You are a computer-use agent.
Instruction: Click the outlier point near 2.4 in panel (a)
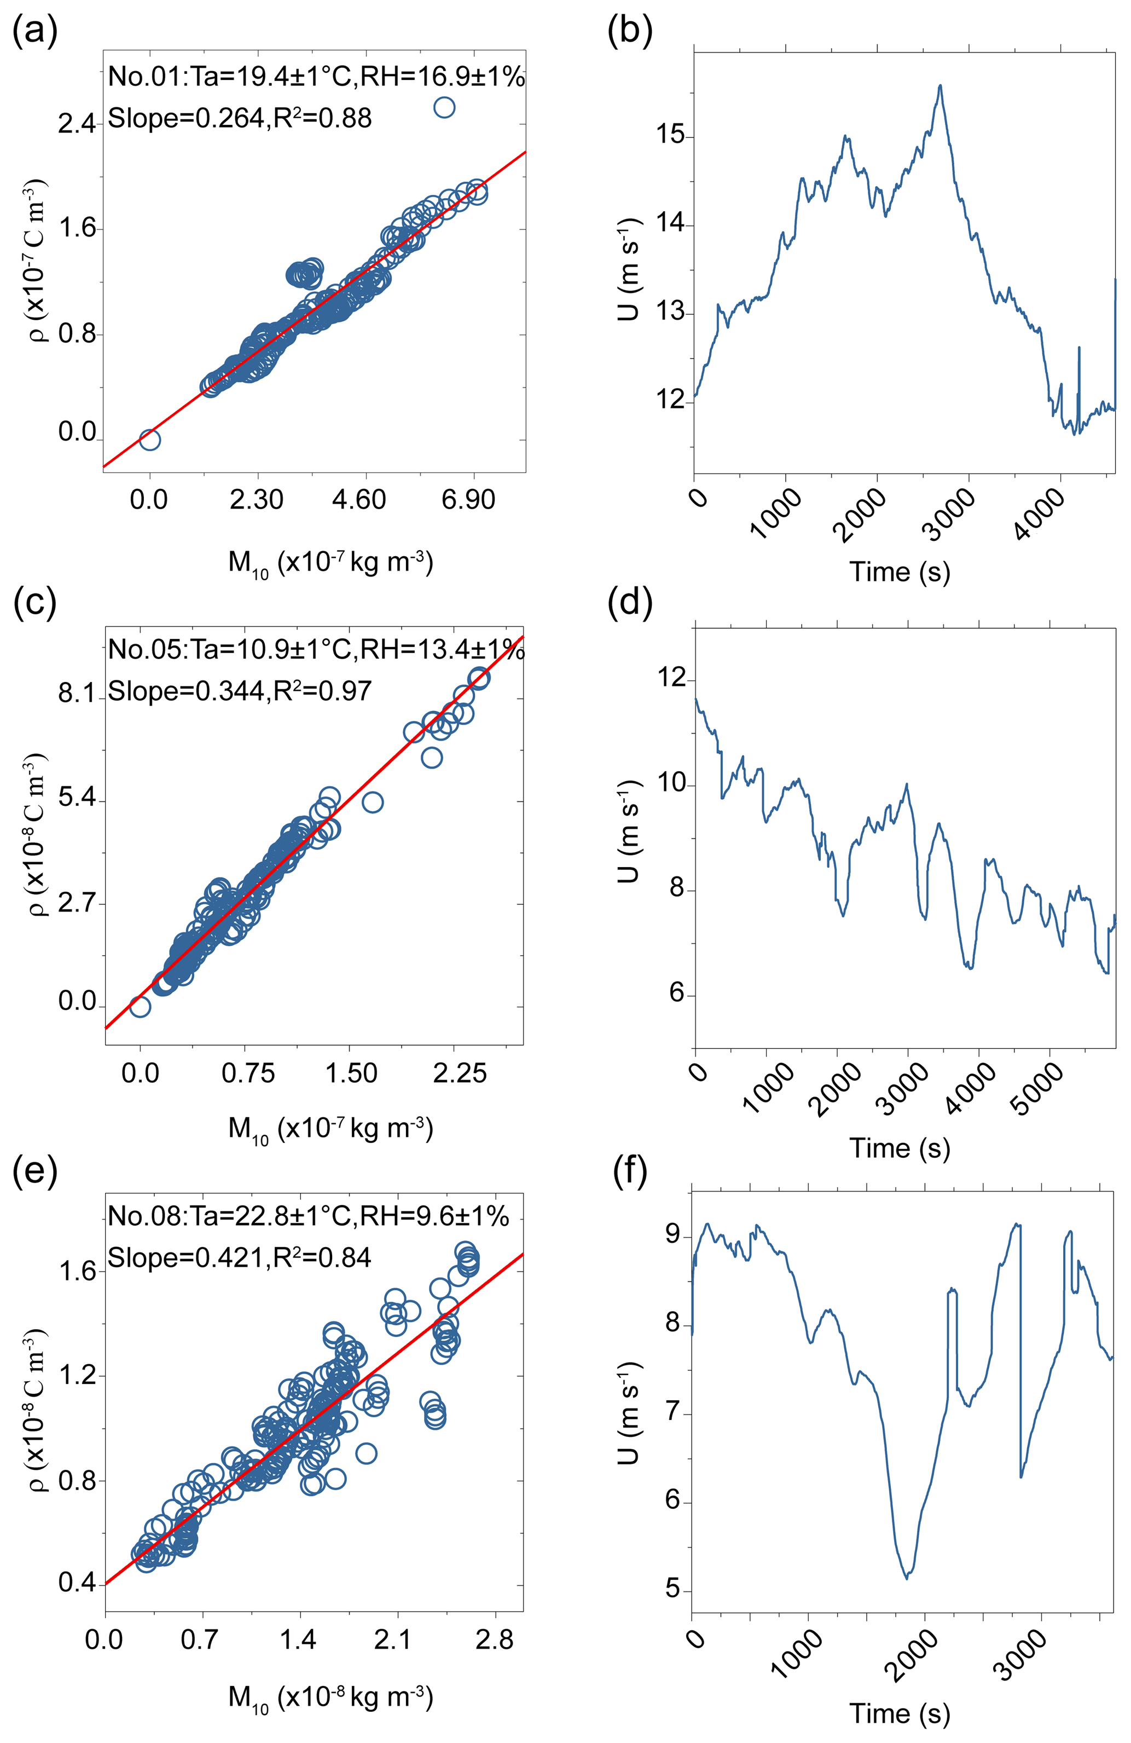pyautogui.click(x=444, y=108)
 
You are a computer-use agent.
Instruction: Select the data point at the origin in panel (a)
pyautogui.click(x=149, y=440)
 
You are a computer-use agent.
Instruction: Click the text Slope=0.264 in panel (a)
pyautogui.click(x=186, y=118)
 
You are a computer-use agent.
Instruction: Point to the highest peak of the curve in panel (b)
pyautogui.click(x=940, y=86)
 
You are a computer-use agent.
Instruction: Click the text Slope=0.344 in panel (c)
pyautogui.click(x=186, y=691)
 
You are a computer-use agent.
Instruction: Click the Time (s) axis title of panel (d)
pyautogui.click(x=900, y=1147)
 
